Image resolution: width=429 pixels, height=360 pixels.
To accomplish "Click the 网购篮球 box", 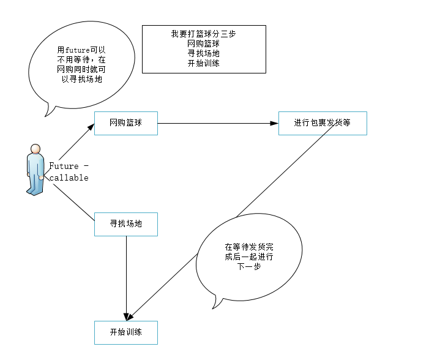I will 125,123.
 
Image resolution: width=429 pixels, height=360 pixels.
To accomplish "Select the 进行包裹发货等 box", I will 322,123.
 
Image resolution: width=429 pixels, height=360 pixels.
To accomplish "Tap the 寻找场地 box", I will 125,224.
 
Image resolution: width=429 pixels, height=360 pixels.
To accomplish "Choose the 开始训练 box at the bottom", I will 125,332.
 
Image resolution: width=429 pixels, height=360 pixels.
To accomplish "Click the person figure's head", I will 36,149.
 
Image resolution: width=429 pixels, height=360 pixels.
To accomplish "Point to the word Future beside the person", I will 64,166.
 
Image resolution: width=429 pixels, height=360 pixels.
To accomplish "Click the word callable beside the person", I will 69,178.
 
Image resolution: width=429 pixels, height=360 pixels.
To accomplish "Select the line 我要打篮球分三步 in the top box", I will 204,34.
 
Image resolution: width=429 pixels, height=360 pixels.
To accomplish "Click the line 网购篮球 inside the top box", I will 204,44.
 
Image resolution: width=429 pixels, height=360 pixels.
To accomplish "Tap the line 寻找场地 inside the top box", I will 204,54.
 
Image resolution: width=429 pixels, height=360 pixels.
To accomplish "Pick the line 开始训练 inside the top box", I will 204,64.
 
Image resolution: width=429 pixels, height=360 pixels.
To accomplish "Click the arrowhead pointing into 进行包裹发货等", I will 275,123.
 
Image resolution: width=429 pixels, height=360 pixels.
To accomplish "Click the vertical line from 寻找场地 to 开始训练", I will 126,276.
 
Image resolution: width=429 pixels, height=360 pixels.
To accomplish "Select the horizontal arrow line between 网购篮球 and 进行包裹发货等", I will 214,123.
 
